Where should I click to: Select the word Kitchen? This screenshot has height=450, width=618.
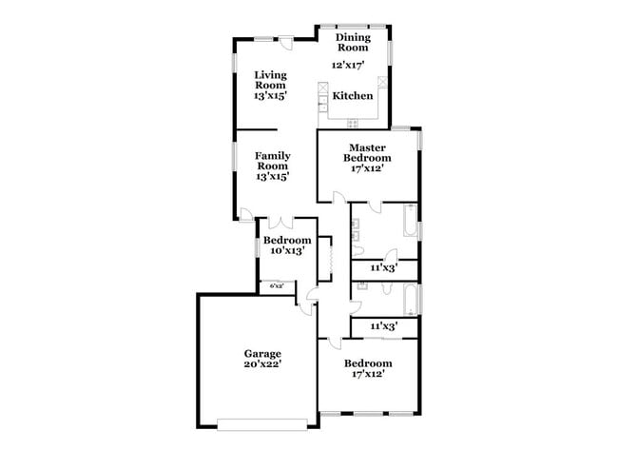pos(352,96)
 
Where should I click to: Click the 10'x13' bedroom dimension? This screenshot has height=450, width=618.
pos(287,251)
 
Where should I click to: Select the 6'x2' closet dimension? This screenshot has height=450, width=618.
pos(277,285)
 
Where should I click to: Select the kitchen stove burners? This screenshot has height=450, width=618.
pos(353,123)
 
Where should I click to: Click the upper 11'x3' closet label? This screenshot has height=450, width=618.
pos(383,269)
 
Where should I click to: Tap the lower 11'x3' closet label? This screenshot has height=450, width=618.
pos(383,326)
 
